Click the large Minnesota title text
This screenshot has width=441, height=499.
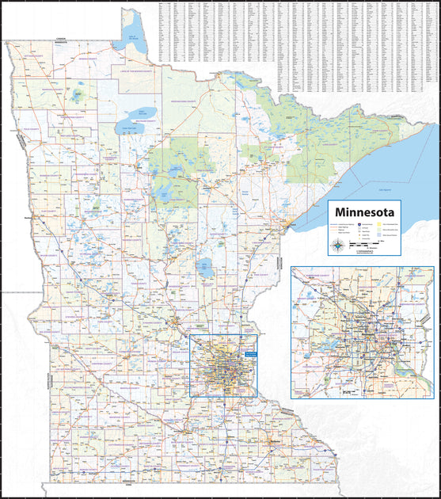364,213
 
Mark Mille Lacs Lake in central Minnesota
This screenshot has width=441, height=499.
207,268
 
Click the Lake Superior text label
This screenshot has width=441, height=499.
386,191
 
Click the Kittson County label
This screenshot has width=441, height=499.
36,58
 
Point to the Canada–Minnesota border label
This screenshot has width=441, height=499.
63,38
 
